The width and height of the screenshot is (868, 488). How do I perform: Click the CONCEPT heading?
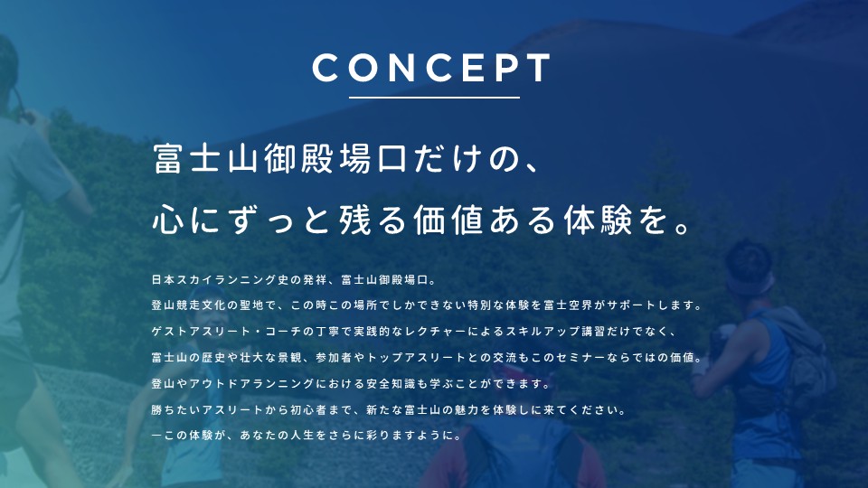pos(432,68)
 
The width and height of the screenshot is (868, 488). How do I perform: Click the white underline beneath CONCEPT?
pos(434,98)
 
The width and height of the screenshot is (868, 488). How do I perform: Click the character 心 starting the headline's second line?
pos(168,220)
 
